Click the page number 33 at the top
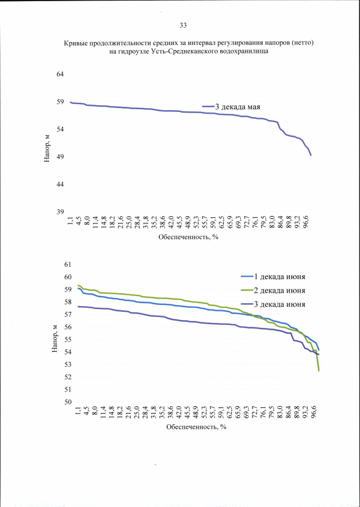[183, 25]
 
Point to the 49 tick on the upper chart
[59, 156]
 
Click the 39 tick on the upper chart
[59, 212]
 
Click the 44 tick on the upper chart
[59, 184]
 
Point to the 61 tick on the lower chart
[69, 264]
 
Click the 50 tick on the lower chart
[69, 402]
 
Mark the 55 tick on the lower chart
[69, 340]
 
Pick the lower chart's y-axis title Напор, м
[55, 338]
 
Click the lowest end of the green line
[319, 371]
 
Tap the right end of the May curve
[311, 155]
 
